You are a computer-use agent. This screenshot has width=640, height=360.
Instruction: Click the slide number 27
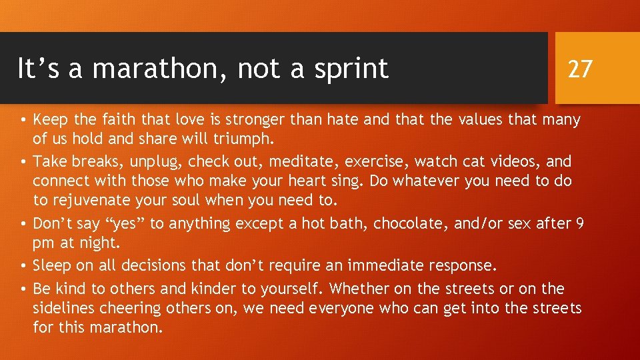click(579, 68)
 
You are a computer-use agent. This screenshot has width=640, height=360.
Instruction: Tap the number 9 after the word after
click(580, 223)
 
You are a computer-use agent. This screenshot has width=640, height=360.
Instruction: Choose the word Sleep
click(52, 265)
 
